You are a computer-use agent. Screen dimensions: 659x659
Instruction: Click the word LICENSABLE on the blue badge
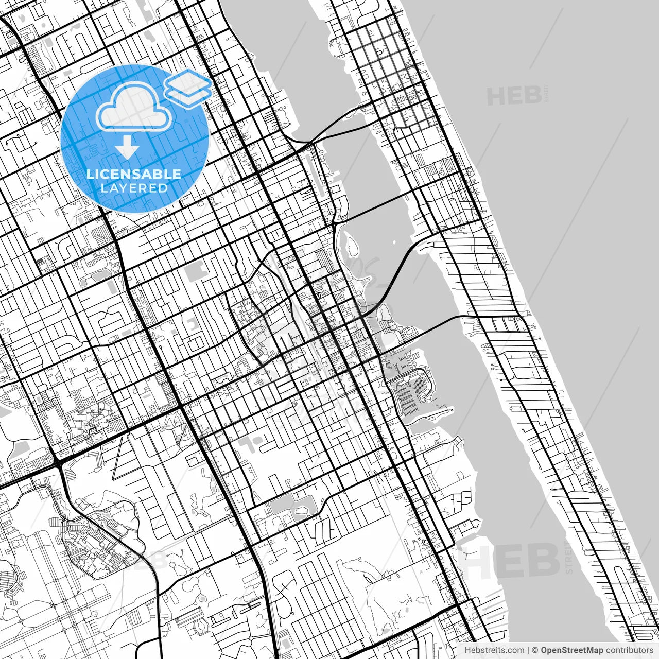[x=134, y=174]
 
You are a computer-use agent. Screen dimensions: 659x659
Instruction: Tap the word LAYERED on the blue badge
[x=134, y=188]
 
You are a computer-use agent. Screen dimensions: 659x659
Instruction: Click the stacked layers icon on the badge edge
[x=188, y=85]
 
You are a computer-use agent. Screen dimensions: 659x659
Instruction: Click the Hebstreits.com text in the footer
[x=494, y=650]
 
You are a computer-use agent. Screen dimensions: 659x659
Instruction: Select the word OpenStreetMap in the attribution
[x=572, y=650]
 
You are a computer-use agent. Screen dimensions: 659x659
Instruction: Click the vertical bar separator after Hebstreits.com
[x=528, y=650]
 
